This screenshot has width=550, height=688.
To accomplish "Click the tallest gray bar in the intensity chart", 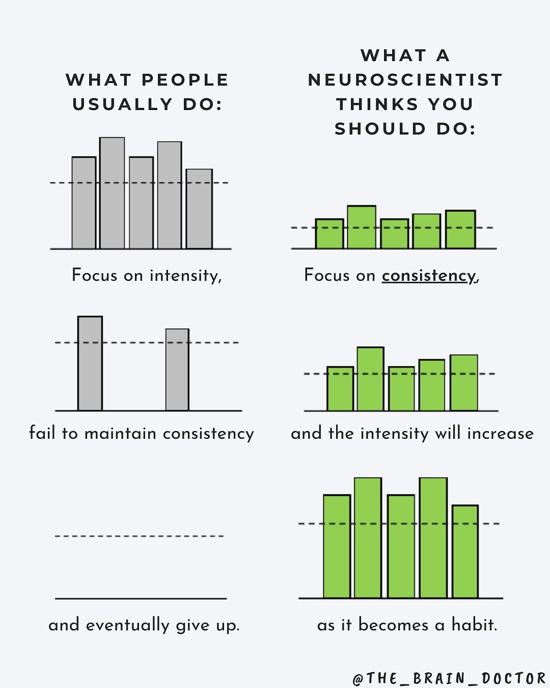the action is [x=112, y=193].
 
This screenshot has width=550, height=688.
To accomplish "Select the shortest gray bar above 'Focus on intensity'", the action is [x=199, y=209].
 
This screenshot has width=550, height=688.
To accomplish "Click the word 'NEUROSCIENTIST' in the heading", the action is [x=405, y=80].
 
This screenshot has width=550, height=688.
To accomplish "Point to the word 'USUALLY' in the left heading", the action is [x=122, y=104].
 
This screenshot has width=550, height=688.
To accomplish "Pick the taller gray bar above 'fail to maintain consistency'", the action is [x=90, y=363].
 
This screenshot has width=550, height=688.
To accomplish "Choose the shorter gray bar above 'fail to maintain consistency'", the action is [x=177, y=369].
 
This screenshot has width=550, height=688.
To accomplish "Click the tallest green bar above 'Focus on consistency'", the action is [x=362, y=227].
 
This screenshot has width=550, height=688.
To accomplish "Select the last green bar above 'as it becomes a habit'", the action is [x=465, y=551].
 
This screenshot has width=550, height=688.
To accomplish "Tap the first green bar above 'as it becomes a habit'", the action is [x=337, y=546].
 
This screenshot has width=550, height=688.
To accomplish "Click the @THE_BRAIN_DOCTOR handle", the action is [x=449, y=678].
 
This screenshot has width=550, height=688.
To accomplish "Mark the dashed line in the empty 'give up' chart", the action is [x=140, y=536].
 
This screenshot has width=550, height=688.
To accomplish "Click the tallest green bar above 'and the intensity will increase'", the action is [x=370, y=379].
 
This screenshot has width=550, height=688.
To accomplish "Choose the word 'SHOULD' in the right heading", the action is [x=380, y=129].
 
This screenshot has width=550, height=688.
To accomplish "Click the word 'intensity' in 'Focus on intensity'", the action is [x=185, y=276].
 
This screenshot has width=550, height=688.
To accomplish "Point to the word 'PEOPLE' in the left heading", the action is [x=185, y=80].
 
